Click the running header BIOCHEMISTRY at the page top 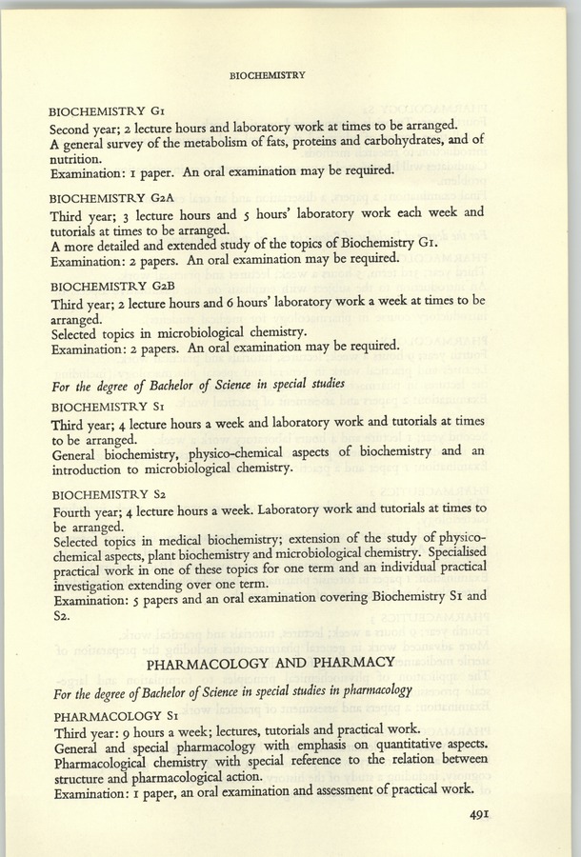tap(267, 75)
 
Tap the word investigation tap(93, 586)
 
